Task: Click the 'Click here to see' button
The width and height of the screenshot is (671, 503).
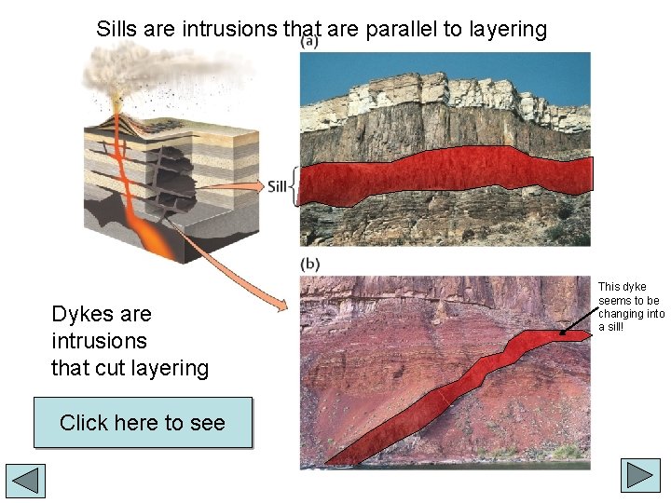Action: pos(143,423)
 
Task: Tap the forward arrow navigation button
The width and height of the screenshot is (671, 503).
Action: pos(641,476)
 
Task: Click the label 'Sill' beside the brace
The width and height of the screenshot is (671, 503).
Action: pos(277,186)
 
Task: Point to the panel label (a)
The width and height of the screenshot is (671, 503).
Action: pos(309,42)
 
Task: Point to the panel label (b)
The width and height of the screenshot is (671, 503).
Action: pos(309,264)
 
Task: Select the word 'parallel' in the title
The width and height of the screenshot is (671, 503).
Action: pos(401,29)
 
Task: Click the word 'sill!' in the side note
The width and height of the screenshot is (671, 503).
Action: pos(611,327)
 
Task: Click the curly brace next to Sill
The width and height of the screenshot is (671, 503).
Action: pos(294,186)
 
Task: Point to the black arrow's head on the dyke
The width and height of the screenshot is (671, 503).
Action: pos(563,333)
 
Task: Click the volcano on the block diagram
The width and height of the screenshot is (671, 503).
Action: pos(119,121)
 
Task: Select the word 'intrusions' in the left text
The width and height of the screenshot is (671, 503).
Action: pos(99,341)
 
